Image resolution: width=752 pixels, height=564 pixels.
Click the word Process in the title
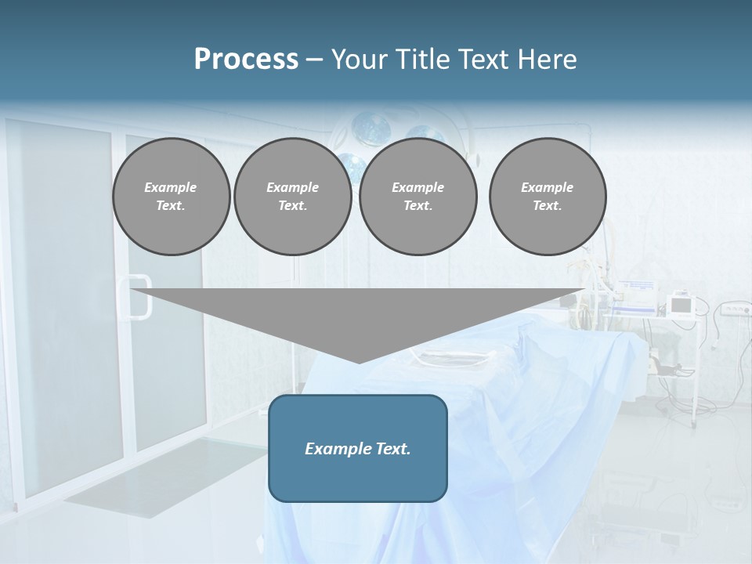click(x=246, y=59)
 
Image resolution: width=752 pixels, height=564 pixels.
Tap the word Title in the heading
click(x=423, y=60)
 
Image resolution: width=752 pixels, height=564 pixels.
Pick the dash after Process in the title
click(x=314, y=60)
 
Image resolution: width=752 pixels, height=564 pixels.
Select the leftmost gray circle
click(x=171, y=197)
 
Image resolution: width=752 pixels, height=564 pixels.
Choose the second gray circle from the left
click(x=292, y=197)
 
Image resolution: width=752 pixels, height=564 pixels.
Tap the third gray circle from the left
click(x=418, y=197)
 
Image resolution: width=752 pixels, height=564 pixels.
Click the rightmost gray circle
click(x=547, y=197)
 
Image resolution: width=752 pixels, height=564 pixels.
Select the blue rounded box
click(x=357, y=448)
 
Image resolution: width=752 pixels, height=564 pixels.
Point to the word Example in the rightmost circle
click(x=547, y=187)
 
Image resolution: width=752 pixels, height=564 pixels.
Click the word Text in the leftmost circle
click(x=171, y=206)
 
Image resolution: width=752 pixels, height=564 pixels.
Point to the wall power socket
click(x=732, y=310)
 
